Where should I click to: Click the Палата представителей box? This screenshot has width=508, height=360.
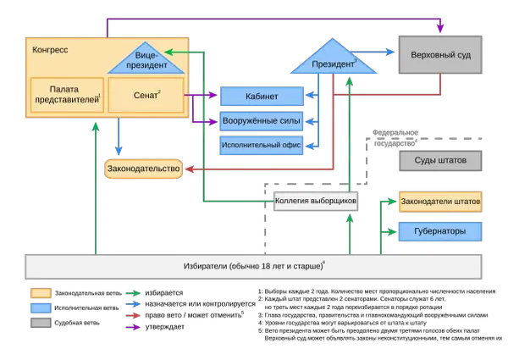[x=67, y=96]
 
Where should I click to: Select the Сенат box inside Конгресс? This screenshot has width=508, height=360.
[x=146, y=96]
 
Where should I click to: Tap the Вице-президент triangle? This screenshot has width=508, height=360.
[x=146, y=60]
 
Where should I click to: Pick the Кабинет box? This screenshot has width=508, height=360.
[x=261, y=96]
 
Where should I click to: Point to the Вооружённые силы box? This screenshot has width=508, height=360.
[x=261, y=120]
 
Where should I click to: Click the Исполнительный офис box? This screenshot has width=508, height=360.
[x=261, y=145]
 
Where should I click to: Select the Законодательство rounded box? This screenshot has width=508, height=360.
[x=144, y=169]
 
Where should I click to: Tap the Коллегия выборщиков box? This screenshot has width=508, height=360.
[x=315, y=202]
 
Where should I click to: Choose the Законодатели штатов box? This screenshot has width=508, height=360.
[x=441, y=203]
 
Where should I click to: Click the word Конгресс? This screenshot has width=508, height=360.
[x=50, y=50]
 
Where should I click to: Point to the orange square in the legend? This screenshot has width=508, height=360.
[x=41, y=293]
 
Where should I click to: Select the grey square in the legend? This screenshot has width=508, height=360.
[x=41, y=323]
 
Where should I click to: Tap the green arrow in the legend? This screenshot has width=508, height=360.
[x=132, y=294]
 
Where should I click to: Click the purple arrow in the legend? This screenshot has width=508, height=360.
[x=132, y=328]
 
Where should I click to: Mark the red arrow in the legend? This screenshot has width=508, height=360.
[x=132, y=316]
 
